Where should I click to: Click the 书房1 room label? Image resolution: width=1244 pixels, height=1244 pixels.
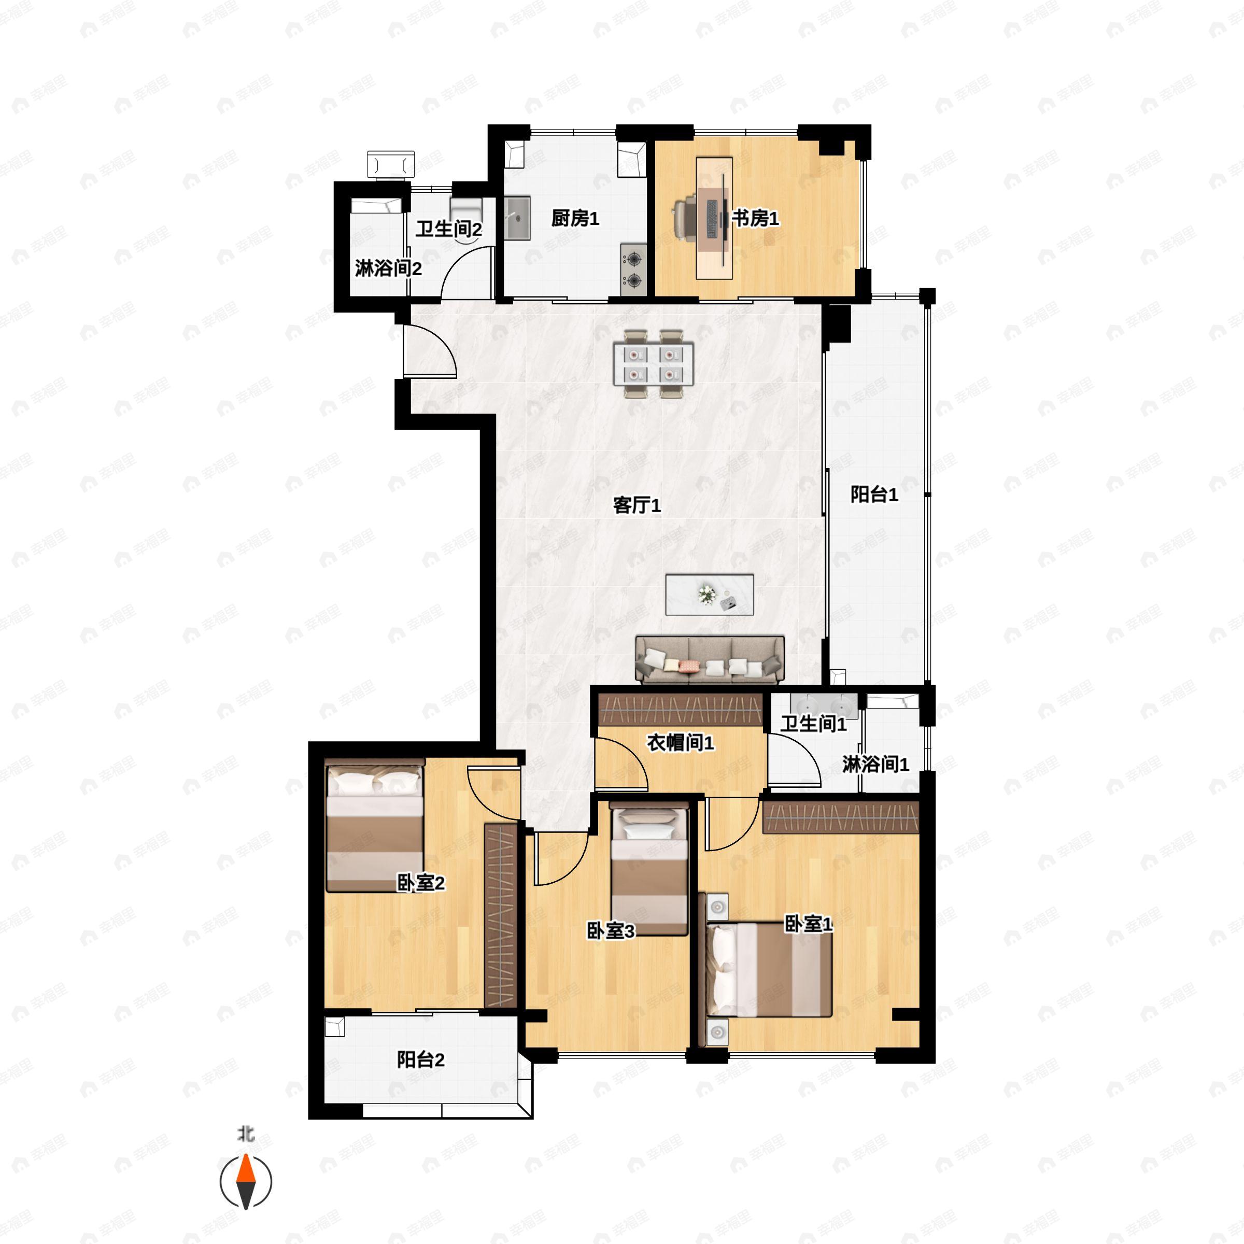pyautogui.click(x=755, y=219)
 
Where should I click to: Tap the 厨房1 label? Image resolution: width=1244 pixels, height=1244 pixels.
pyautogui.click(x=575, y=219)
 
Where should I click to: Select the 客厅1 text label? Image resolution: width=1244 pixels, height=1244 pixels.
pyautogui.click(x=637, y=505)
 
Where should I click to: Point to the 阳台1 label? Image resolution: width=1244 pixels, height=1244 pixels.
pyautogui.click(x=874, y=494)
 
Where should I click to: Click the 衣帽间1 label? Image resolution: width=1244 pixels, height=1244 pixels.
pyautogui.click(x=681, y=743)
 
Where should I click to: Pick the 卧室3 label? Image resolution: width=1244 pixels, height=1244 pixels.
pyautogui.click(x=611, y=930)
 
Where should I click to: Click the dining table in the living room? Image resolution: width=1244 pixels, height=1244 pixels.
pyautogui.click(x=654, y=364)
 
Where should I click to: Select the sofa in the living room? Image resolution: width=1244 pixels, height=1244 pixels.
pyautogui.click(x=710, y=659)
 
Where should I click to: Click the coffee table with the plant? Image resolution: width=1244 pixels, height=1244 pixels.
pyautogui.click(x=710, y=595)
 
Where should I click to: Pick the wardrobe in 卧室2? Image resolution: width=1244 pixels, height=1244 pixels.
pyautogui.click(x=501, y=915)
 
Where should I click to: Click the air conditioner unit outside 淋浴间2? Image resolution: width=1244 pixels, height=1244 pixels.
pyautogui.click(x=391, y=164)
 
